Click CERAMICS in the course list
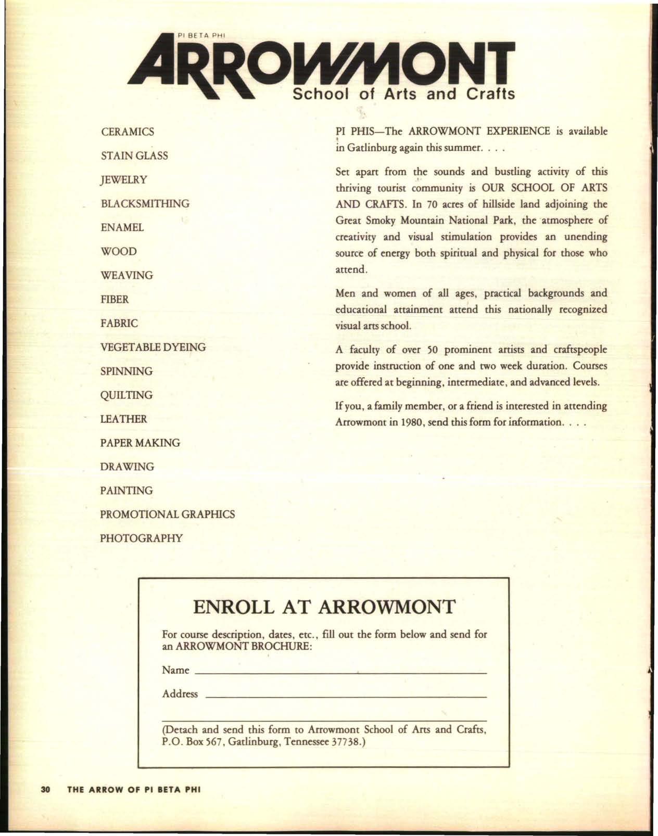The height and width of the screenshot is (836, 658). coord(128,132)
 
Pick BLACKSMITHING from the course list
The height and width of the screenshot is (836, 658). coord(145,203)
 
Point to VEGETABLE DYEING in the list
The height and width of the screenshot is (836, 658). coord(153,347)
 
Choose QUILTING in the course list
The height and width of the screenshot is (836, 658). coord(126,395)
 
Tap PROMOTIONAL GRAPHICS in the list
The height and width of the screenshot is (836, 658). coord(168,515)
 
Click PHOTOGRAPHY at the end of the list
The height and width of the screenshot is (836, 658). coord(142,538)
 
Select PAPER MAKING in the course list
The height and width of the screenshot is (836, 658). coord(140,443)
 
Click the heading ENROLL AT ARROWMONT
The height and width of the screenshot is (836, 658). coord(324,607)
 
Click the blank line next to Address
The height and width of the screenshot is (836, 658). coord(346,697)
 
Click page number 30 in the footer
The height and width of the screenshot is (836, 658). coord(45,804)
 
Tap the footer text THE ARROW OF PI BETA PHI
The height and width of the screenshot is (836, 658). coord(134,804)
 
